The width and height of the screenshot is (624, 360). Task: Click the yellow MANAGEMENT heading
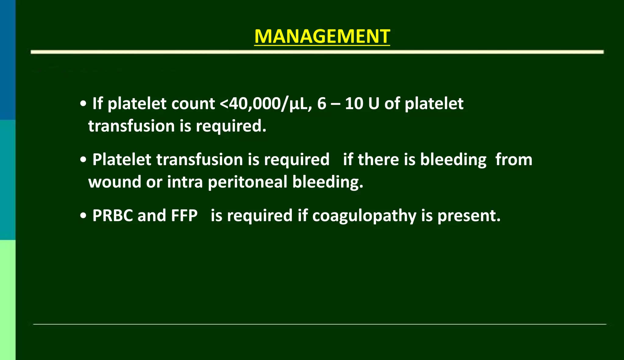322,37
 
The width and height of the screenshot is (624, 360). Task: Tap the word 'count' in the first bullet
193,104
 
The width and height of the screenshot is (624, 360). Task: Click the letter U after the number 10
374,104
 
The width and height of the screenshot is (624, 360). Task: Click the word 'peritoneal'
247,182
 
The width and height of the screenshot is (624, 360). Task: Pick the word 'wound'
115,182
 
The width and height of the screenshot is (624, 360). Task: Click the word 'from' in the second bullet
514,160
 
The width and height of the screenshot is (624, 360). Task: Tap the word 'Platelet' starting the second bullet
122,160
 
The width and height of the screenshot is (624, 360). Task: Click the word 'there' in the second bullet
378,160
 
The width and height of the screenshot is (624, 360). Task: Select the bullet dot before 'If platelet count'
83,104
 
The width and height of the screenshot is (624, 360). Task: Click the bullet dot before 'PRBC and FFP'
83,216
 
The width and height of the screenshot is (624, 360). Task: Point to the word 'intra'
185,182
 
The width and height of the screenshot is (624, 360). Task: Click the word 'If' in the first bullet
97,104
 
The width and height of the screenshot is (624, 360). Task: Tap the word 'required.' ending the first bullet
231,126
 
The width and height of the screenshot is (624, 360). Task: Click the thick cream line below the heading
317,52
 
